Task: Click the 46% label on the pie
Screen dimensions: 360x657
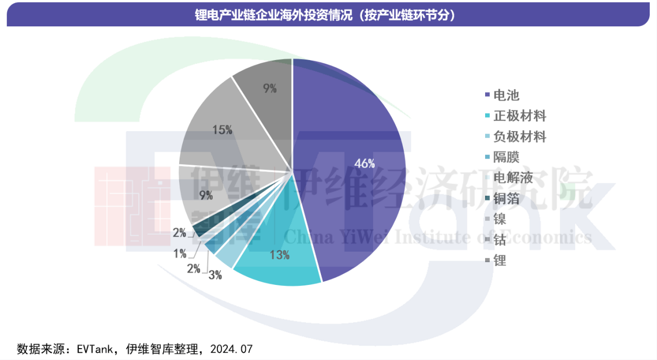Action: click(x=364, y=163)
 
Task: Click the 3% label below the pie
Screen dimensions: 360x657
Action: click(x=215, y=275)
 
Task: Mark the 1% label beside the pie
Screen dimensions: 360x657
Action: click(x=180, y=253)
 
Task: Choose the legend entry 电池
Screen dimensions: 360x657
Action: click(x=506, y=95)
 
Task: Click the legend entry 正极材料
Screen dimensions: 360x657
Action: click(x=519, y=116)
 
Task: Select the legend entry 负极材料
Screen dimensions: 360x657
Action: click(x=519, y=137)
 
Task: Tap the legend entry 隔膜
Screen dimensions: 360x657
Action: click(x=506, y=157)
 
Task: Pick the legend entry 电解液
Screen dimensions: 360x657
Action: click(x=513, y=178)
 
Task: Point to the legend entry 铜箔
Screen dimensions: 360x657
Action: click(x=506, y=198)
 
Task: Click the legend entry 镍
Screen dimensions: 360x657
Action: click(x=500, y=219)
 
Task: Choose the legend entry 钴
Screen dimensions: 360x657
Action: click(x=500, y=240)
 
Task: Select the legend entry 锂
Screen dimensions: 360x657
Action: click(x=500, y=261)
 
